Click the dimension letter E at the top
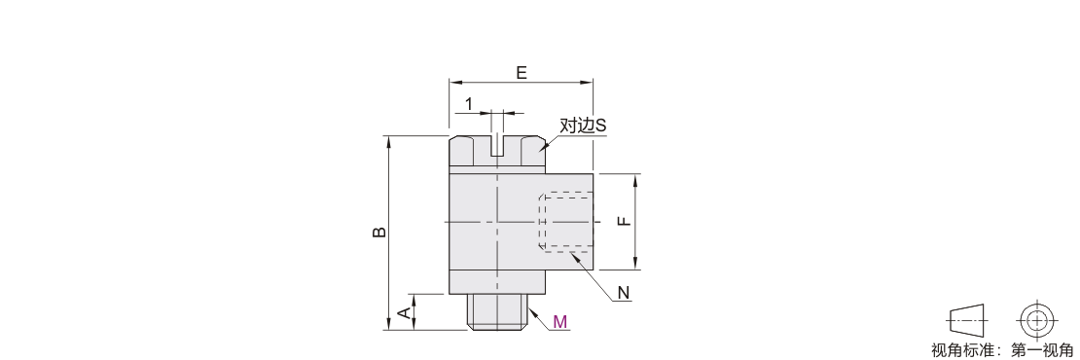click(522, 72)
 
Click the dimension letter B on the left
click(379, 233)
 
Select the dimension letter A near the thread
click(406, 312)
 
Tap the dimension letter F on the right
click(623, 221)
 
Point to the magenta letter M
click(560, 321)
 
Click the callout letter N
click(624, 293)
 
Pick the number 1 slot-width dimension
click(469, 104)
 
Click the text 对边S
click(583, 126)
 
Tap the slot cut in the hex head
click(497, 146)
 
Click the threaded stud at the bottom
click(497, 311)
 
